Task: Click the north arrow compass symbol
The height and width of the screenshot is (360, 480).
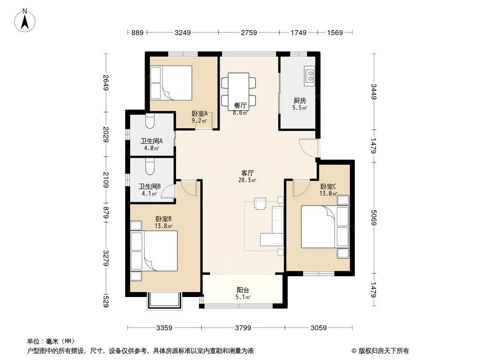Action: pos(25,21)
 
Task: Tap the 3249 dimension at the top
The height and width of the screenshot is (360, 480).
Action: pos(183,32)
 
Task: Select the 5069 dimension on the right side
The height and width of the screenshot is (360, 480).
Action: pos(373,217)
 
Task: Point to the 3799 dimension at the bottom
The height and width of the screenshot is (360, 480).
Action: pos(243,328)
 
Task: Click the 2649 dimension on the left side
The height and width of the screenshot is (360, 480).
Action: pos(106,83)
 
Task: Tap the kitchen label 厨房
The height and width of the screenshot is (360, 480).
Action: pos(300,101)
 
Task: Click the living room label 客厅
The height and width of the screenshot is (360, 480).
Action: pos(247,173)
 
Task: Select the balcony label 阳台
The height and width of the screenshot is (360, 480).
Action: pos(243,290)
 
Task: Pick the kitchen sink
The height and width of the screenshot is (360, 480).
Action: pos(309,76)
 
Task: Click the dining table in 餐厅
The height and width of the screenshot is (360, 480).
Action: pos(239,92)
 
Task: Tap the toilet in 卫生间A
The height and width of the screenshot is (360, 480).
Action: pos(150,121)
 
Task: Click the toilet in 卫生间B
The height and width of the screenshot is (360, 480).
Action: pos(150,167)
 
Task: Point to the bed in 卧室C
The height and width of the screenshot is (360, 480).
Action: pos(325,226)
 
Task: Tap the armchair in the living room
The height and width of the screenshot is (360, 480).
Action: pos(261,204)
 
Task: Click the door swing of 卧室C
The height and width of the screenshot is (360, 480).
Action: pos(301,188)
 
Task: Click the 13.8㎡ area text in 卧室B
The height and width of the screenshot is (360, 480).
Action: pos(163,226)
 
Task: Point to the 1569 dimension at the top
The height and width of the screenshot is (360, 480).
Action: pos(335,32)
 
